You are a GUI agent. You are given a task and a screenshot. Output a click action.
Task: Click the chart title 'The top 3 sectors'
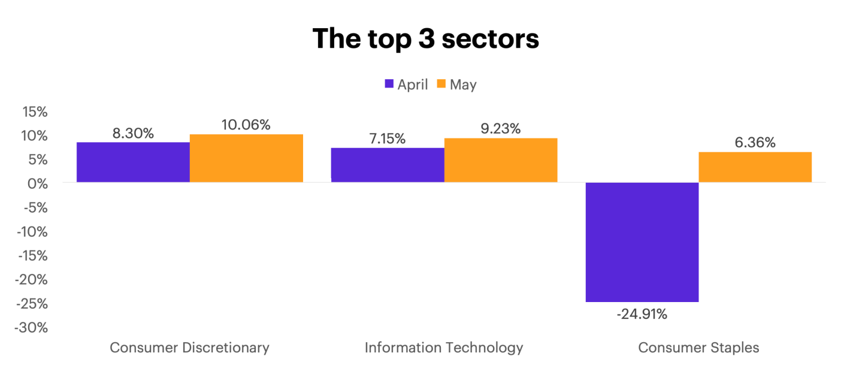point(426,39)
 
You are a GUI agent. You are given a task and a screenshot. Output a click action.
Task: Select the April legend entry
point(406,85)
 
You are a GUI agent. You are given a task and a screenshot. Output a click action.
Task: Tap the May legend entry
point(456,85)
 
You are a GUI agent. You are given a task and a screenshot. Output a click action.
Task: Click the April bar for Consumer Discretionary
point(134,162)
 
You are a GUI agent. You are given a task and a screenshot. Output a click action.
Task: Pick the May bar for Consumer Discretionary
point(246,158)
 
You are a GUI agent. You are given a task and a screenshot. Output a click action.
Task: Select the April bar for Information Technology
point(388,164)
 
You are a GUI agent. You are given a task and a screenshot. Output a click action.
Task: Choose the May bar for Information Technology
point(501,160)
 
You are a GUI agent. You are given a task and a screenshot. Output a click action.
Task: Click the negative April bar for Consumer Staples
point(642,242)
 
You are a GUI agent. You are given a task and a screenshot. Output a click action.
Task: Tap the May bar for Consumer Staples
point(755,167)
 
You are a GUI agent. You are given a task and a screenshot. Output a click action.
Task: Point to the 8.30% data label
point(133,133)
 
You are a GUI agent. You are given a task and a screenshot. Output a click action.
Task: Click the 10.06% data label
point(246,125)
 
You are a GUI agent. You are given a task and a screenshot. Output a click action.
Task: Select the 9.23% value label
point(500,129)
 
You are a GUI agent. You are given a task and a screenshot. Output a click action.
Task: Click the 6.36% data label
point(755,143)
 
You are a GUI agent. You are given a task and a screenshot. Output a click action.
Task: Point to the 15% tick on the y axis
point(35,112)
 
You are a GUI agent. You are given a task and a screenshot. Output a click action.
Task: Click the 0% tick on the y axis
point(38,184)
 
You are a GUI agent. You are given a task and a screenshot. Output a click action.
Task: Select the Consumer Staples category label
point(698,348)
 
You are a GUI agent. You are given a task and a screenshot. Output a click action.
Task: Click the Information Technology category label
point(444,348)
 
